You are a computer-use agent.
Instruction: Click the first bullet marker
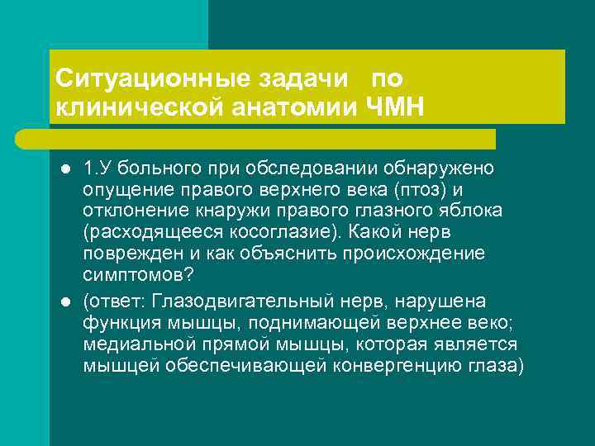[x=64, y=169]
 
